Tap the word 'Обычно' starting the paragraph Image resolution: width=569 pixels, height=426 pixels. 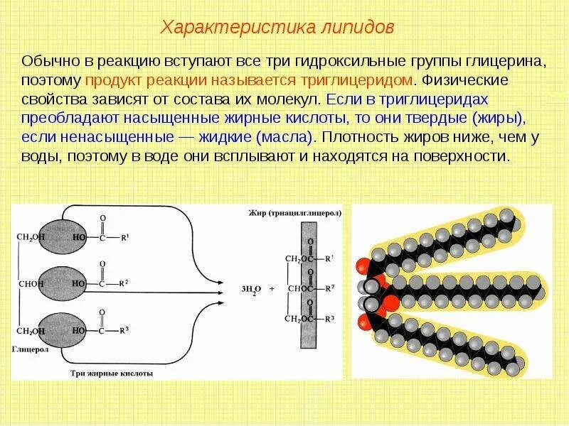click(x=47, y=62)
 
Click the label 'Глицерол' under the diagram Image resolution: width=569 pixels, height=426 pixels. click(x=29, y=350)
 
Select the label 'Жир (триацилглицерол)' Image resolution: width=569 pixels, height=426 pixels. click(x=295, y=212)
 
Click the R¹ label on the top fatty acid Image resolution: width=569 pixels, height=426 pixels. click(x=125, y=237)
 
